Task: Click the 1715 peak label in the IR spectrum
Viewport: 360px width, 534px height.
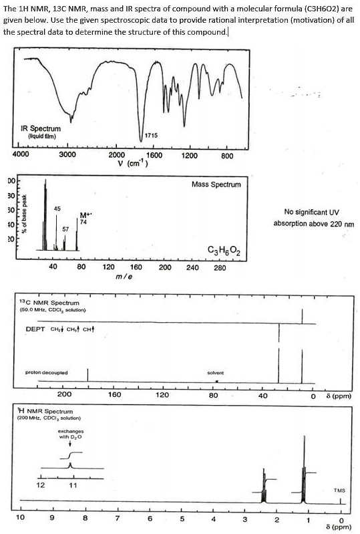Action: (x=151, y=136)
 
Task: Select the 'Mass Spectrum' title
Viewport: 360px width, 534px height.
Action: (x=216, y=183)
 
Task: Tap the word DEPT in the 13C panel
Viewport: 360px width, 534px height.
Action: (x=35, y=329)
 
